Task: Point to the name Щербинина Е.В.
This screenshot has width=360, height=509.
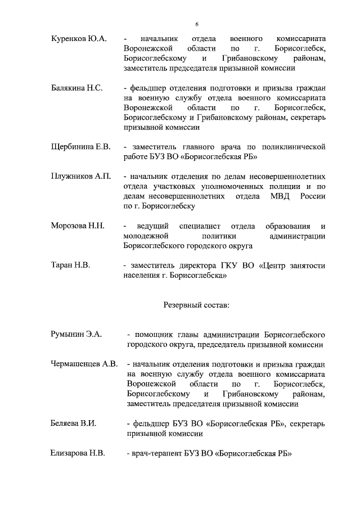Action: [80, 147]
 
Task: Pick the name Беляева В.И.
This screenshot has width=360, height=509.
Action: [73, 423]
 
